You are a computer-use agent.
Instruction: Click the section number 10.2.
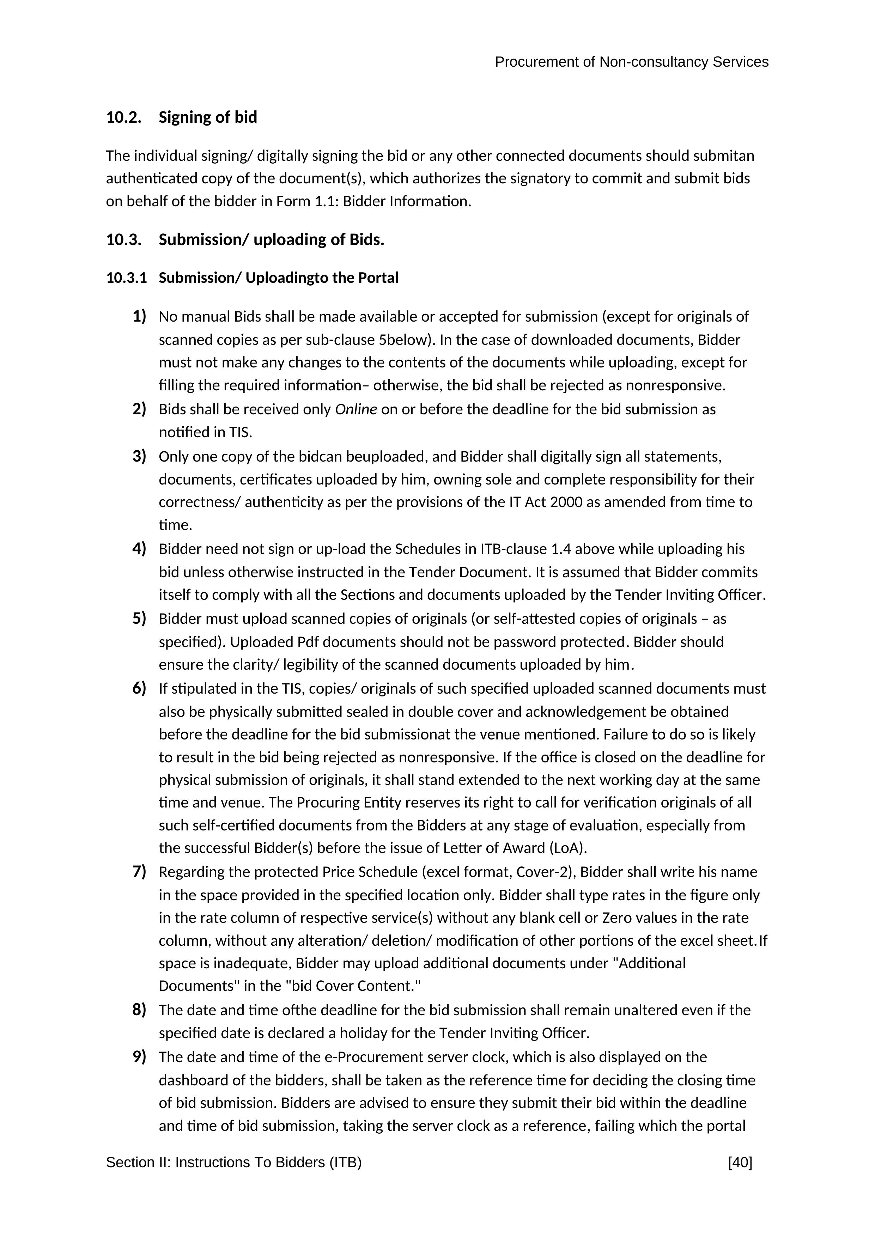pos(124,117)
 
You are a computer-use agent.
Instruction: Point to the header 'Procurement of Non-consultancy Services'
pos(631,62)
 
